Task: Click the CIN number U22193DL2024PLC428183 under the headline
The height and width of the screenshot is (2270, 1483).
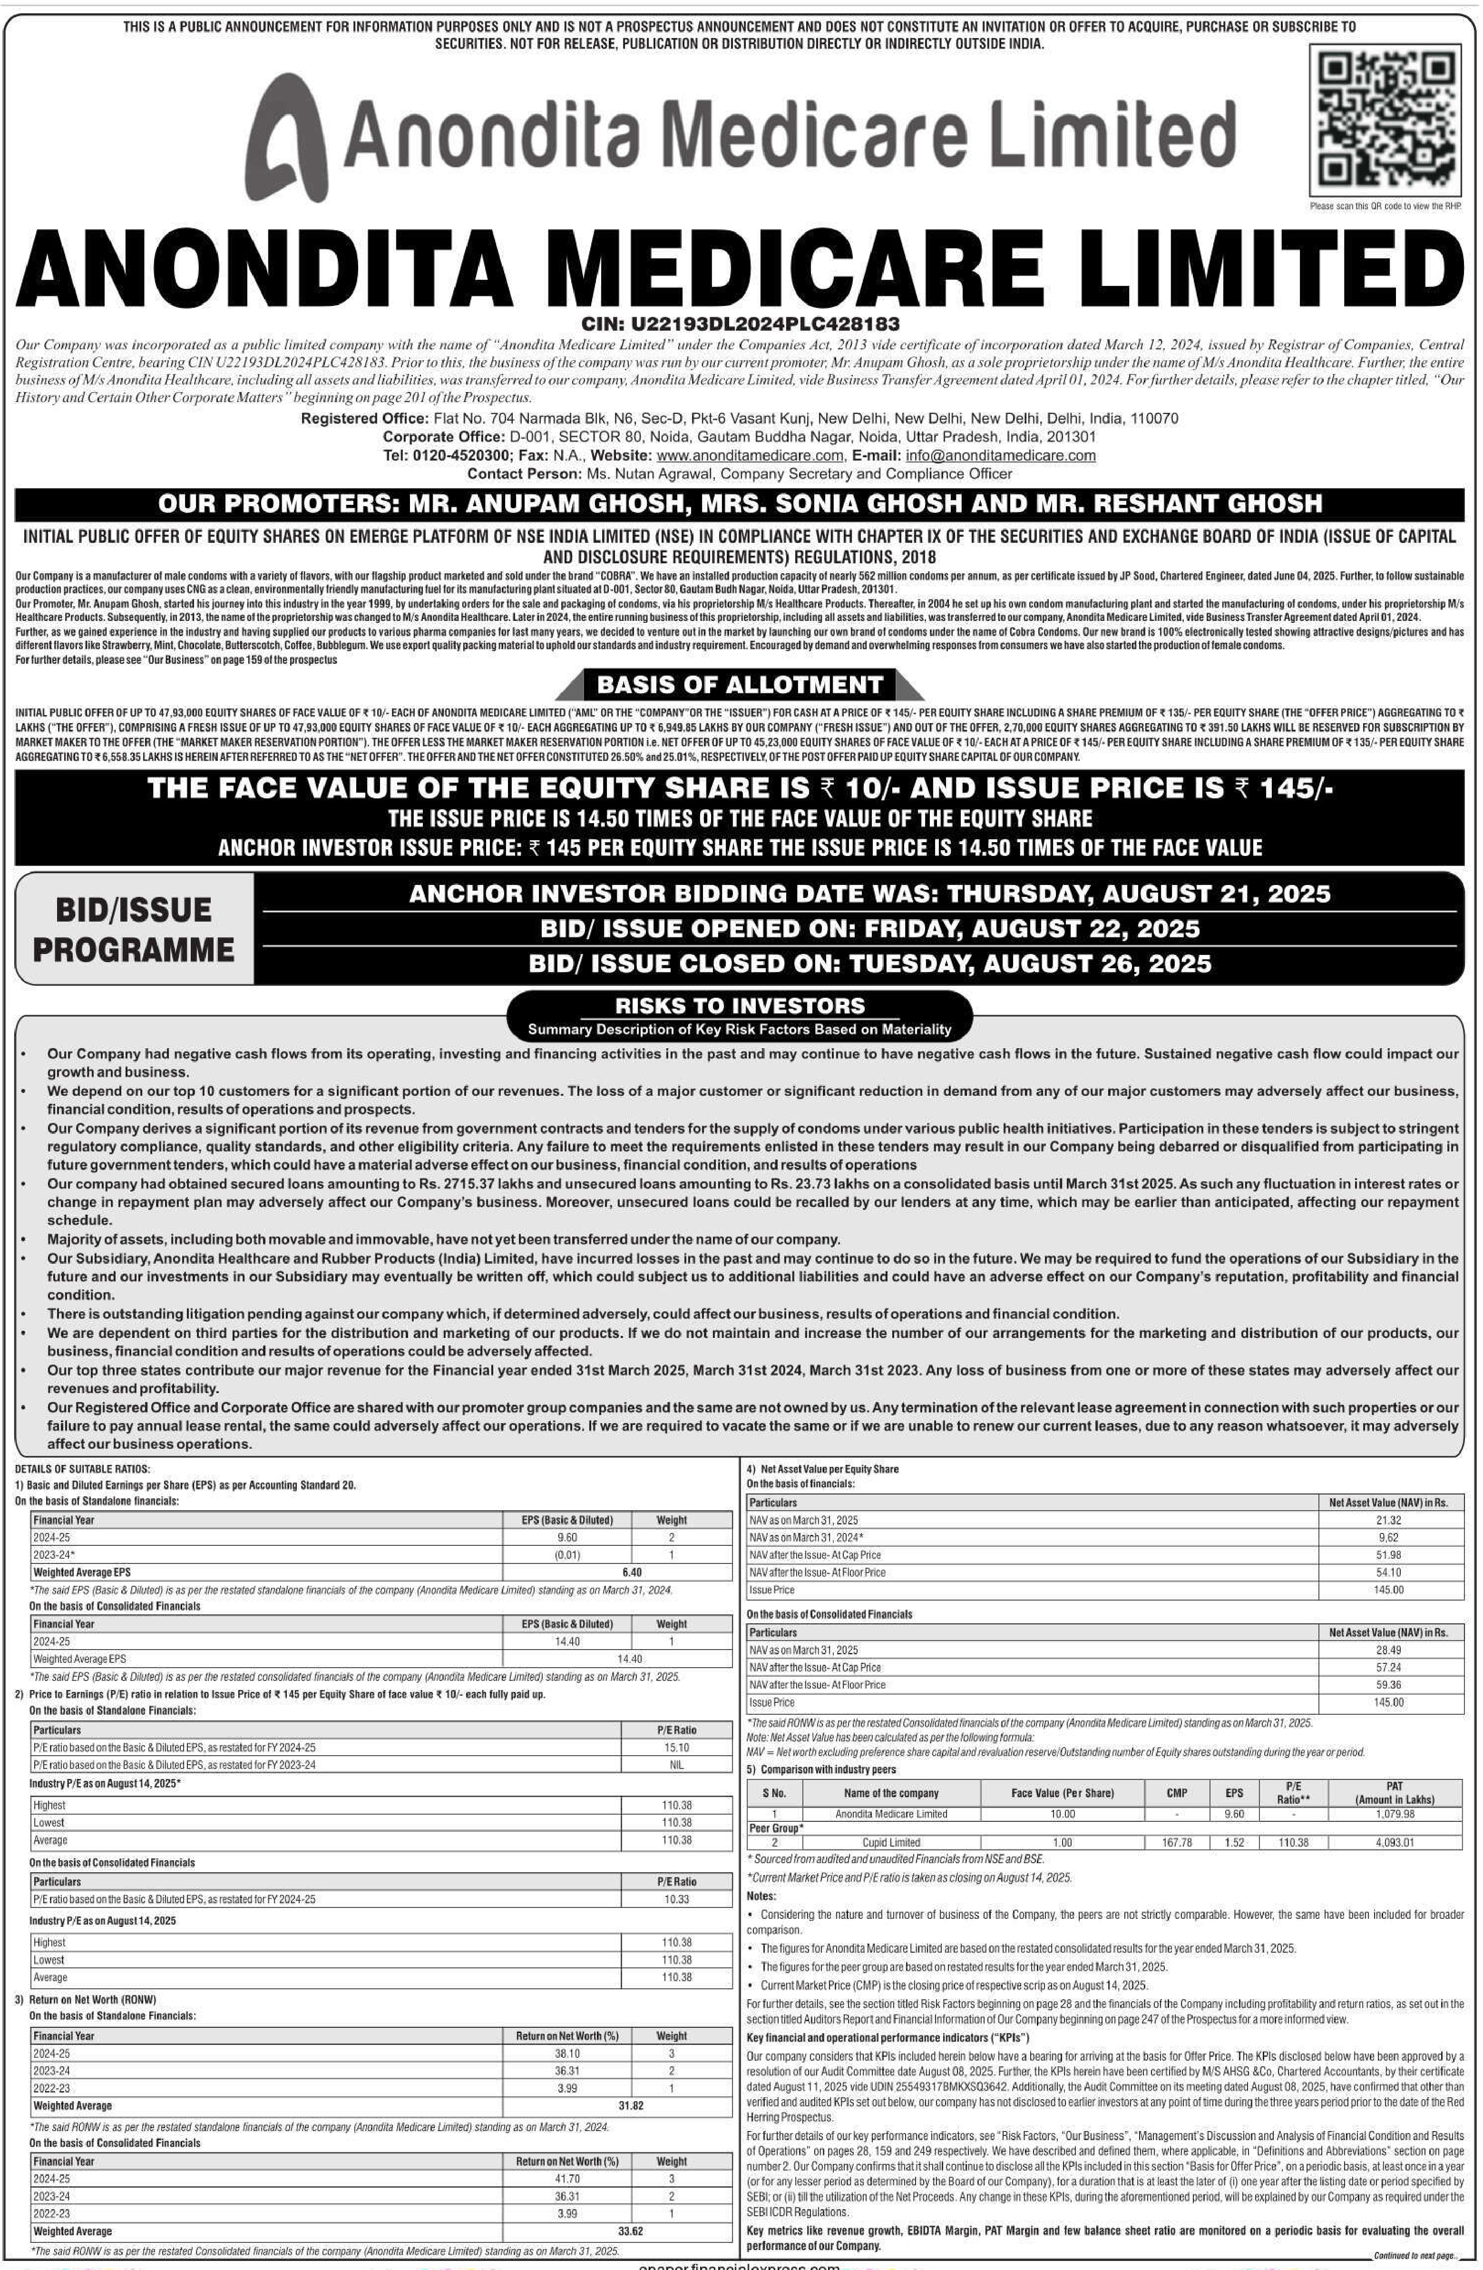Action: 740,325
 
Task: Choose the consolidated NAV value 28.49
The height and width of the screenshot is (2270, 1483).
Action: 1388,1650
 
